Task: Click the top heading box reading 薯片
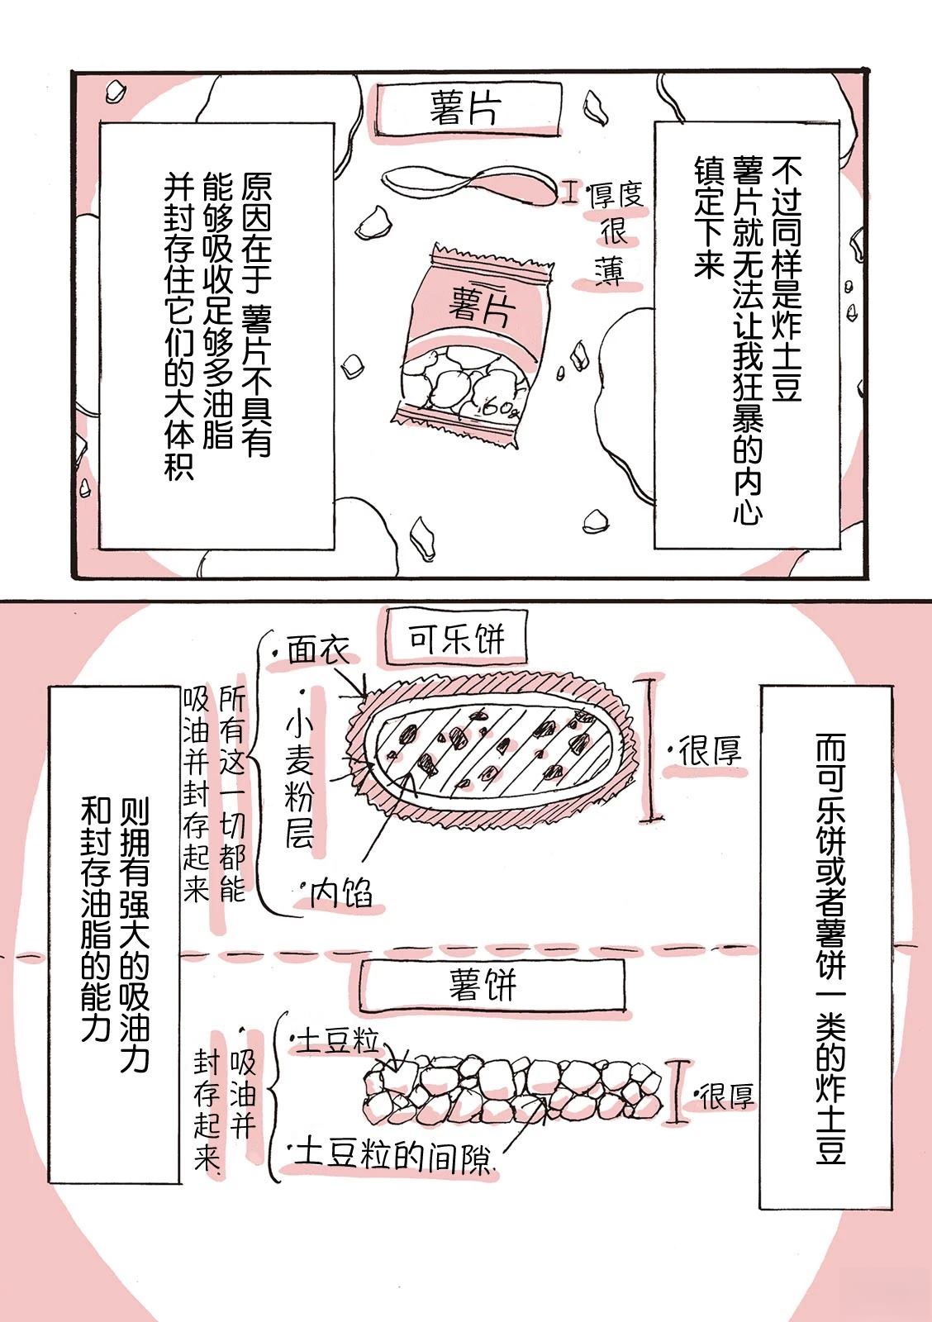pyautogui.click(x=465, y=108)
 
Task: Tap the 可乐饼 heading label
pyautogui.click(x=456, y=639)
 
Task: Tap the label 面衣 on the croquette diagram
pyautogui.click(x=320, y=649)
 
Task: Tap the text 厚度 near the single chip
pyautogui.click(x=616, y=195)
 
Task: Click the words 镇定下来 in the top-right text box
pyautogui.click(x=708, y=220)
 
